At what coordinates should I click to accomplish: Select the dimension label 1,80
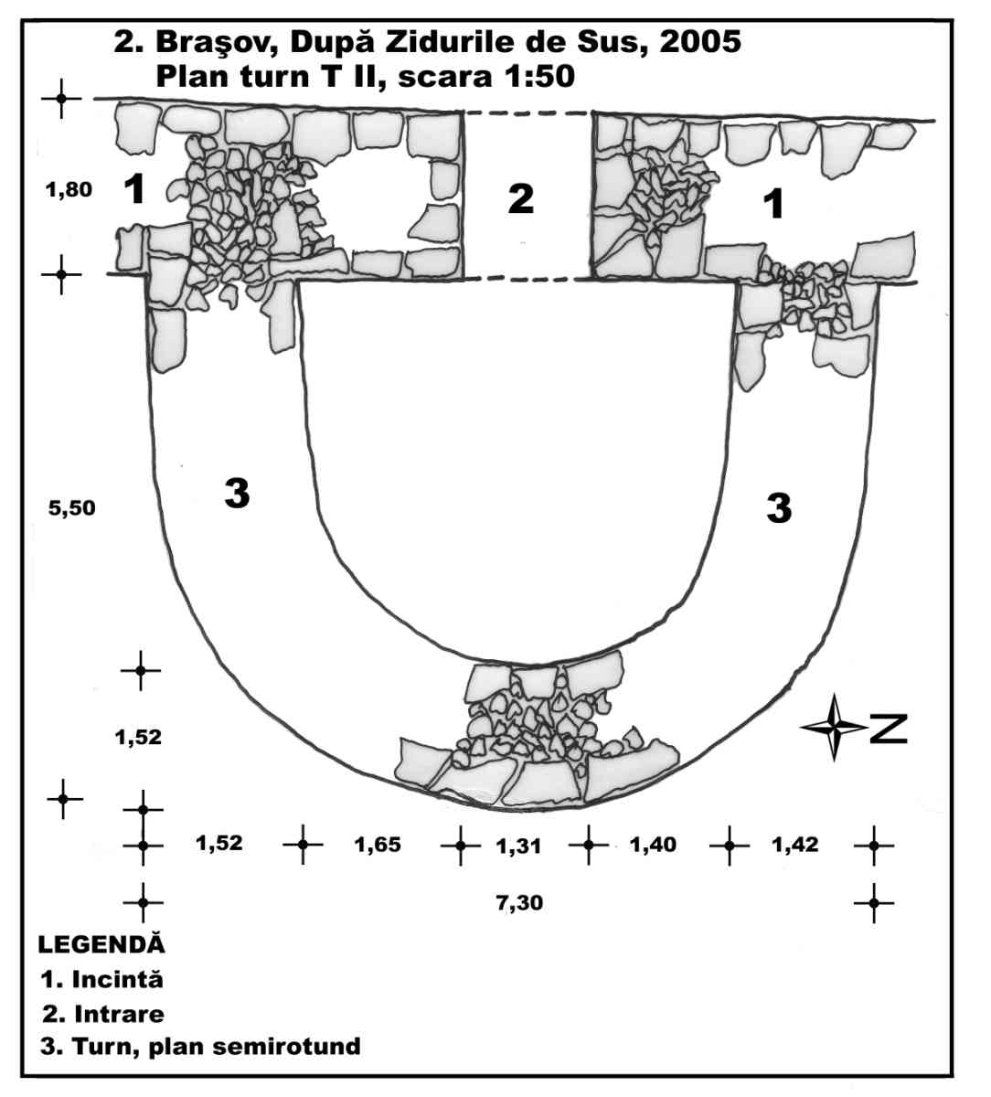pos(69,191)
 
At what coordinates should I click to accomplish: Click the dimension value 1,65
pos(378,845)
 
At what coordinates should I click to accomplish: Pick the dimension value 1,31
pos(518,847)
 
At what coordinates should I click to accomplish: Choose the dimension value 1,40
pos(653,845)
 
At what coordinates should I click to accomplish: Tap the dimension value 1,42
pos(794,845)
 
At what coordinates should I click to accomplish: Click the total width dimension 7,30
pos(520,903)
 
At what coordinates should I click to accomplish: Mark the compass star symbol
pos(833,728)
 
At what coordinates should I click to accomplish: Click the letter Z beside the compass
pos(888,729)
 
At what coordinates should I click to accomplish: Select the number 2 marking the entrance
pos(521,198)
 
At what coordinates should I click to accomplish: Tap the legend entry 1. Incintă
pos(102,979)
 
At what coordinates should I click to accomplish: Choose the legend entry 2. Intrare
pos(104,1013)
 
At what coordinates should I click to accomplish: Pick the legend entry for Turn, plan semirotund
pos(201,1046)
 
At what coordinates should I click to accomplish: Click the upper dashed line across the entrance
pos(527,113)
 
